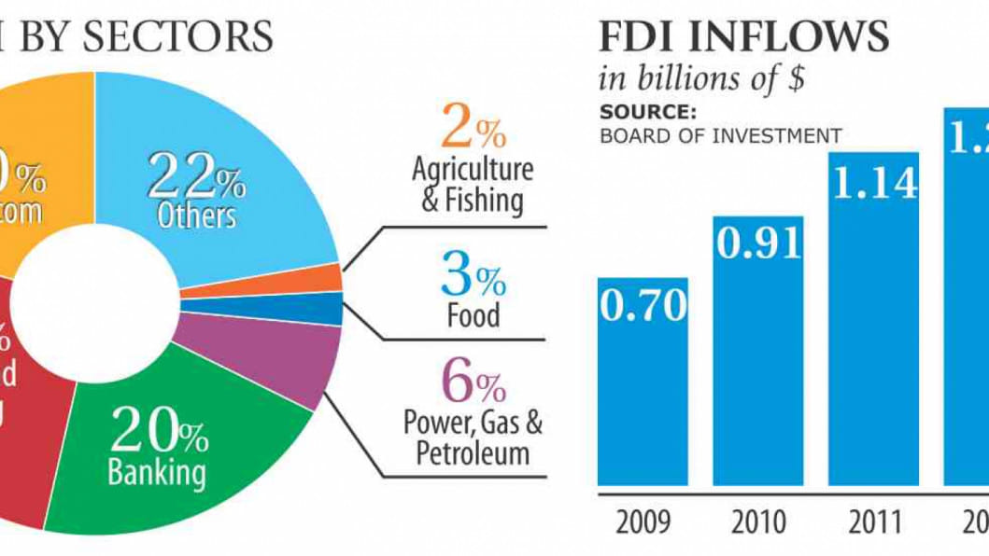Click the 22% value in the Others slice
pos(196,174)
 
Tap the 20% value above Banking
pos(159,432)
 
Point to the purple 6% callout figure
pos(473,382)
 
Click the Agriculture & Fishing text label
pos(473,185)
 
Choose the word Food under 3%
pos(473,314)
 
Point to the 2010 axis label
pos(758,521)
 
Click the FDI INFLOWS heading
pos(743,37)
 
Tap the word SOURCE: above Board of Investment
pos(648,113)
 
